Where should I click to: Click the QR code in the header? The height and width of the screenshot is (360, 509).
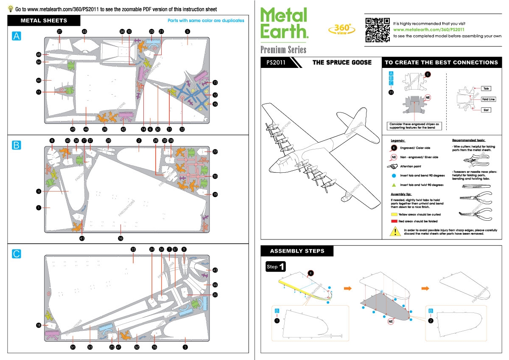(x=378, y=30)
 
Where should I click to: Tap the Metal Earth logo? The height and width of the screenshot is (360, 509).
(x=283, y=24)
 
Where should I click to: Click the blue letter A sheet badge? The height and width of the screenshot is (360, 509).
(x=17, y=37)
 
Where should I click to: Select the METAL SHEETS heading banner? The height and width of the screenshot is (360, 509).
(x=44, y=20)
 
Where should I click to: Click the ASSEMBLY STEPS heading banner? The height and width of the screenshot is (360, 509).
(x=297, y=251)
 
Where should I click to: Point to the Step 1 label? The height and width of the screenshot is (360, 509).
(x=275, y=267)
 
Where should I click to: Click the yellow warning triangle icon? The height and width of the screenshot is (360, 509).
(x=395, y=231)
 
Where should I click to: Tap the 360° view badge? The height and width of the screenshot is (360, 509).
(x=340, y=29)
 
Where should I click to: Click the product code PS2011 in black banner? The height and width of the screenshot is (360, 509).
(x=276, y=62)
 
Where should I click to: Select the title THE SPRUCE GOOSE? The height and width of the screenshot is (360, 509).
(x=342, y=62)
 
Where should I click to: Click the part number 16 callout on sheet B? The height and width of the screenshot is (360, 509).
(x=120, y=238)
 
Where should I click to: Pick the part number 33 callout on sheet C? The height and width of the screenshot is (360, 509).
(x=133, y=249)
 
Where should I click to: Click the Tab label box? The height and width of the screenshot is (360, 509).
(x=486, y=89)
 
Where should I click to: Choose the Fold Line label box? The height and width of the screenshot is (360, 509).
(x=488, y=99)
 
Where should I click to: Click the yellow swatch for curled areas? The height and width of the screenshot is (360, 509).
(x=394, y=215)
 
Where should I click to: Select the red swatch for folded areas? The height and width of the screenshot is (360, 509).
(x=394, y=221)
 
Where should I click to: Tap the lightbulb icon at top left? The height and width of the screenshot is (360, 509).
(x=11, y=8)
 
